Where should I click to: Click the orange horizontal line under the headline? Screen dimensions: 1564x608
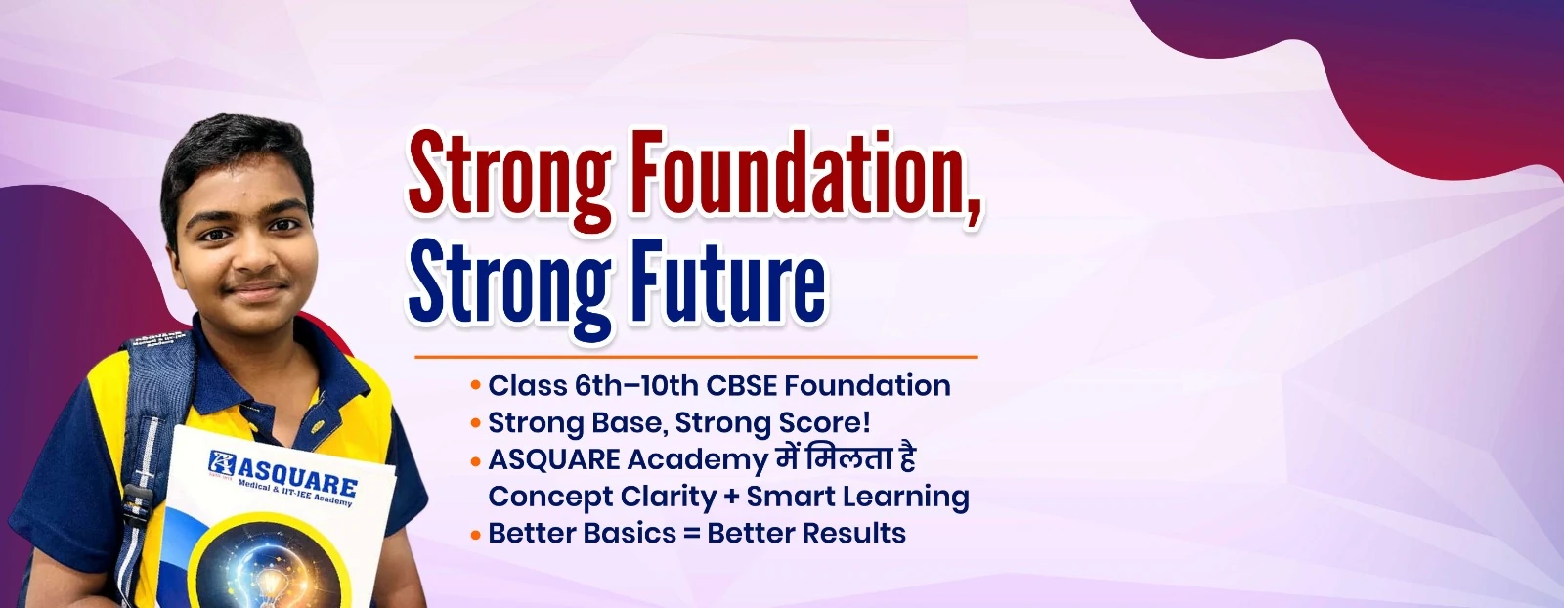tap(696, 357)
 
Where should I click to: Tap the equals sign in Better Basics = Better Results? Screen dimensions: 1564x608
tap(691, 534)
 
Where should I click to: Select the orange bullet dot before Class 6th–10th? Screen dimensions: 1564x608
tap(476, 384)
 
